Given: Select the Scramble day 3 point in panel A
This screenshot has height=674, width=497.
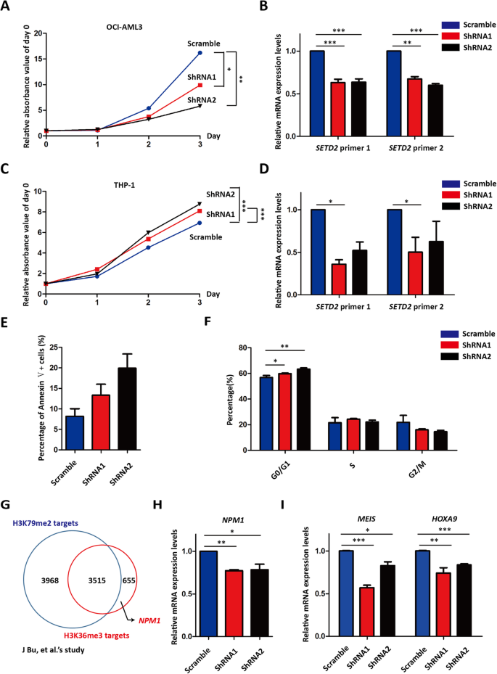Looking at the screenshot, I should pyautogui.click(x=200, y=53).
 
